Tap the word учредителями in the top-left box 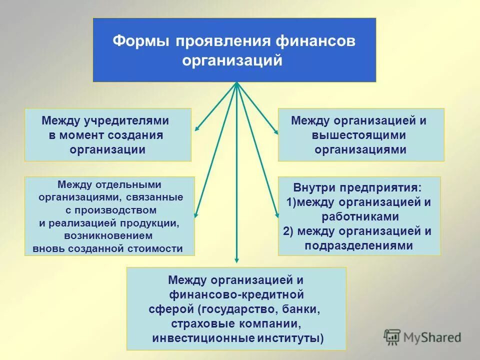pos(126,120)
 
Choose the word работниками pos(360,216)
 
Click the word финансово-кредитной pos(236,295)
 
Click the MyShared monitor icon pos(392,338)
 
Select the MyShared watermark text pos(432,338)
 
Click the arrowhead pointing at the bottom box pos(237,260)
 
